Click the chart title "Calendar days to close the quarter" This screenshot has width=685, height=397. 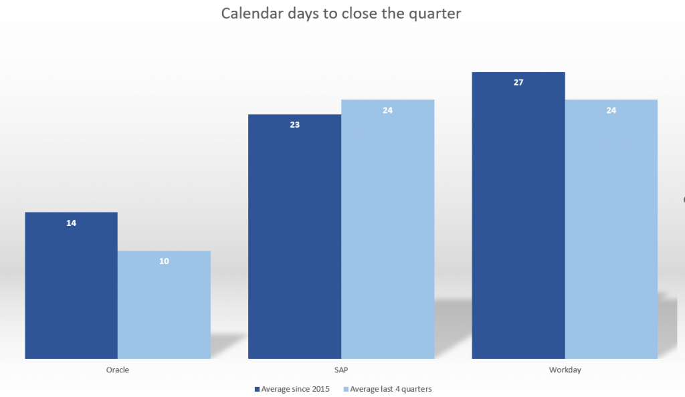[x=340, y=13]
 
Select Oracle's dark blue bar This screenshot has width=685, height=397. [x=71, y=285]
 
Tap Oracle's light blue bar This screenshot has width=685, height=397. [x=165, y=305]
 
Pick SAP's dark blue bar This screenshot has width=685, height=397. [x=295, y=237]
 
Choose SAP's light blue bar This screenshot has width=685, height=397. [x=388, y=229]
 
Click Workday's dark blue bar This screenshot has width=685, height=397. [x=518, y=215]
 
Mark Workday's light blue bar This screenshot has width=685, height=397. [x=611, y=229]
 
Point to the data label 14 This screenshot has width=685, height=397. [x=71, y=223]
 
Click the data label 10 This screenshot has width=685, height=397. [x=164, y=261]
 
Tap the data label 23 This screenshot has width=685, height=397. [x=295, y=125]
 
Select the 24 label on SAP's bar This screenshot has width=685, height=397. [x=387, y=110]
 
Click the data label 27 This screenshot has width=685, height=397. [x=518, y=82]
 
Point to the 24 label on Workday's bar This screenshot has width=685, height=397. [x=611, y=110]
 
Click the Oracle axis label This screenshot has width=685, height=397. [x=118, y=370]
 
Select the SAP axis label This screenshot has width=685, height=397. [x=341, y=370]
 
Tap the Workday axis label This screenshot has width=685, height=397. [x=565, y=370]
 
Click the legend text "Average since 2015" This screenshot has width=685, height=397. [x=295, y=389]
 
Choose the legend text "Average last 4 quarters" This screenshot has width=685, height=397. [x=391, y=389]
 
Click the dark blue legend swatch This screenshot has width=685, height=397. [x=258, y=389]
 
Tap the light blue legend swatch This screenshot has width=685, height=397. [x=346, y=389]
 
